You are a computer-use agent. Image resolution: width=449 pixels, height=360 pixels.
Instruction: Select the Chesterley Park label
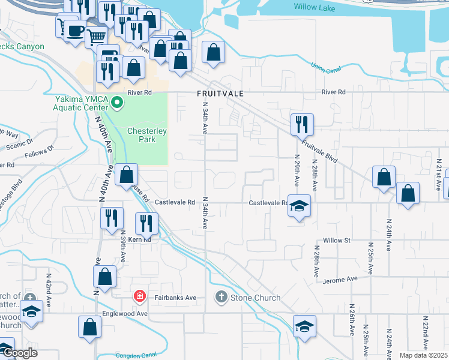pos(142,135)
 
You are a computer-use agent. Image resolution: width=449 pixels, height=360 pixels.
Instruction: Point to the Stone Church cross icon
pos(221,297)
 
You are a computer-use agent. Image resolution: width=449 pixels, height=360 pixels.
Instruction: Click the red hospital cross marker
pos(139,296)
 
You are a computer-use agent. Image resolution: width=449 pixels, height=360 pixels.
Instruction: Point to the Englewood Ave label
pos(125,313)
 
